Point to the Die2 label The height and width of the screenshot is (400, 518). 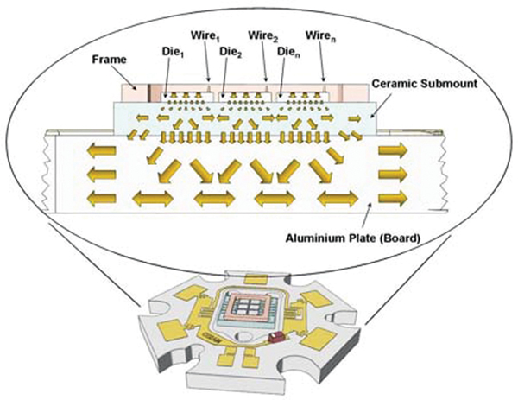coord(229,51)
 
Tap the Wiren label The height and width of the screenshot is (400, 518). coord(319,37)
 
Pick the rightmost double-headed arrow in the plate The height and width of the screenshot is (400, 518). coord(335,200)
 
